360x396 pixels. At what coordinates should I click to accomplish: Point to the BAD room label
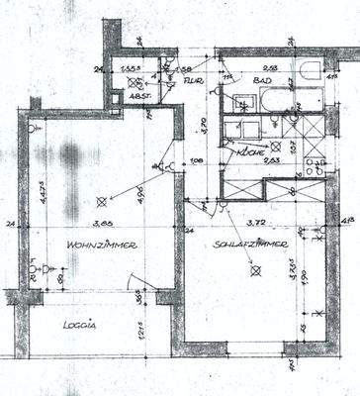point(260,83)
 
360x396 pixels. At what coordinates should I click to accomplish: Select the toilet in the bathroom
point(310,73)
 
